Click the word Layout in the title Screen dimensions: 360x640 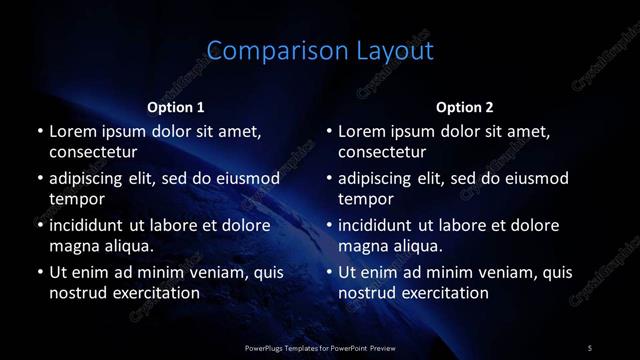coord(385,51)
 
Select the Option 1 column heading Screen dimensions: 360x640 coord(176,107)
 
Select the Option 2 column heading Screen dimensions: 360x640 coord(465,107)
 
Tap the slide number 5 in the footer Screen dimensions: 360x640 coord(590,347)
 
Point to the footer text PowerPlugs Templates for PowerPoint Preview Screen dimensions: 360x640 coord(320,347)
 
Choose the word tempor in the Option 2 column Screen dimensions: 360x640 coord(367,200)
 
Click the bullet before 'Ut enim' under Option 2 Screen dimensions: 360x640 coord(329,272)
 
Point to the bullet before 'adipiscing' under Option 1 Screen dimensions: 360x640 coord(39,179)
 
